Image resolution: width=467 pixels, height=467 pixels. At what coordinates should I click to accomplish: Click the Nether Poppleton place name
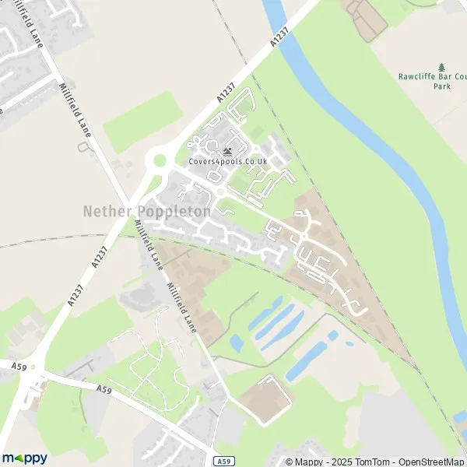point(146,212)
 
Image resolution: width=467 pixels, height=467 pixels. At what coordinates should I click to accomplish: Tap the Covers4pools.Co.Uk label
point(227,161)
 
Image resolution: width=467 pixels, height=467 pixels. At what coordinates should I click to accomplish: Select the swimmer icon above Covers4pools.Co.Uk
point(227,151)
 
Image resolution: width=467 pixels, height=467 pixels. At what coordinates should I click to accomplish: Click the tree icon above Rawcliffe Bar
point(442,67)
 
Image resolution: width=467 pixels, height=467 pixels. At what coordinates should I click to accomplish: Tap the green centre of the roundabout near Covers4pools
point(160,161)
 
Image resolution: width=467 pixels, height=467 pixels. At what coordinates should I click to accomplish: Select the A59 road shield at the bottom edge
point(223,460)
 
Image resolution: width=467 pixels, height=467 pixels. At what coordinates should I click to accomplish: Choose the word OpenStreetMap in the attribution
point(431,462)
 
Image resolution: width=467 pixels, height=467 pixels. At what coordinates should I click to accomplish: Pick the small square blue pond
point(333,335)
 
